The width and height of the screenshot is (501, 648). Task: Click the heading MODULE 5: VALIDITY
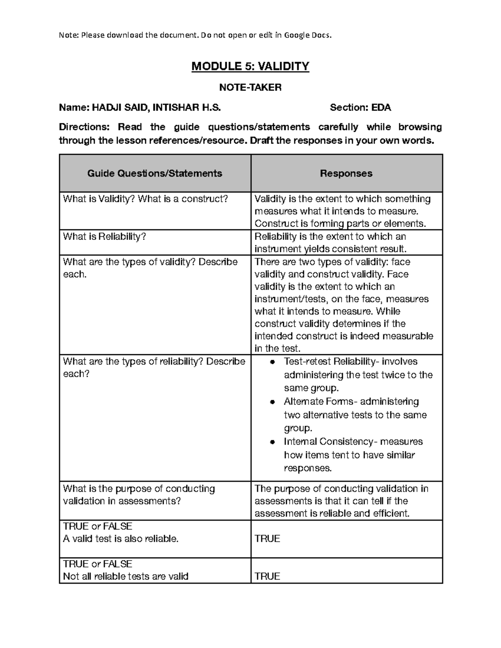pyautogui.click(x=250, y=66)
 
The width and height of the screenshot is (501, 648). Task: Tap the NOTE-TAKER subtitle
pyautogui.click(x=250, y=87)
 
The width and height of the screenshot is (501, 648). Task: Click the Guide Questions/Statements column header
pyautogui.click(x=154, y=173)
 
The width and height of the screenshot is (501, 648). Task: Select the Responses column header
pyautogui.click(x=346, y=173)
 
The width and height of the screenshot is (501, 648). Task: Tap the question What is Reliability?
pyautogui.click(x=104, y=237)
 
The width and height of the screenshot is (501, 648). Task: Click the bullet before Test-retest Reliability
pyautogui.click(x=272, y=362)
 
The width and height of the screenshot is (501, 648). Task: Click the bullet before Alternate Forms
pyautogui.click(x=272, y=402)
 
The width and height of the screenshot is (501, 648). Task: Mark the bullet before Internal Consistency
pyautogui.click(x=272, y=442)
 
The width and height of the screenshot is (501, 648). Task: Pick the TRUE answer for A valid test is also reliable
pyautogui.click(x=267, y=539)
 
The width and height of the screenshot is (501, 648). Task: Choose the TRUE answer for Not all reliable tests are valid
pyautogui.click(x=267, y=577)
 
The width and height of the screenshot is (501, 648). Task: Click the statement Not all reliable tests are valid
pyautogui.click(x=126, y=577)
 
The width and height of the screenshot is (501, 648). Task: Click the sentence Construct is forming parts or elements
pyautogui.click(x=340, y=224)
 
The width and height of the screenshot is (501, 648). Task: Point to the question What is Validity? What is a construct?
pyautogui.click(x=145, y=199)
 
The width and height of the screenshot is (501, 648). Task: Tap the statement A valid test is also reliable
pyautogui.click(x=121, y=539)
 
